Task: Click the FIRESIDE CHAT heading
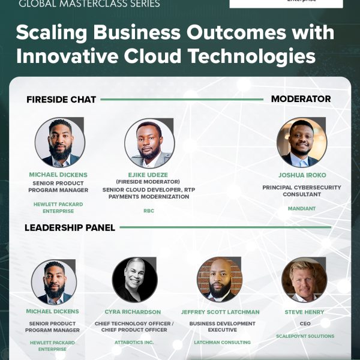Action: (x=61, y=100)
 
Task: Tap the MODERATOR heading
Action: (x=301, y=99)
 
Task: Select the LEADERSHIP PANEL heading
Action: (x=70, y=227)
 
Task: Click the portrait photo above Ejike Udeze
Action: (x=149, y=143)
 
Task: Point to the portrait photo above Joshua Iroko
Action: (x=302, y=142)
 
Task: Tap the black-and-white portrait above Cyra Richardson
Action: (x=135, y=280)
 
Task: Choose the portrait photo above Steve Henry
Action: (x=304, y=280)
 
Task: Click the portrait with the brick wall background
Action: (x=220, y=280)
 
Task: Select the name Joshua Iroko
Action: (x=302, y=175)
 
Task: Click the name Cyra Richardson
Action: (x=133, y=312)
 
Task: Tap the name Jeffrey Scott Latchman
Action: (x=220, y=312)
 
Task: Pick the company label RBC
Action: (x=149, y=211)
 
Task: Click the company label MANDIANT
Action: (x=302, y=208)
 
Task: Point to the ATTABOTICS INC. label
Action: (x=134, y=343)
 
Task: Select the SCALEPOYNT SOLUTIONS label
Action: (x=305, y=336)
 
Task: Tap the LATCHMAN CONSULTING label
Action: (x=222, y=343)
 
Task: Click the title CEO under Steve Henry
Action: (x=305, y=323)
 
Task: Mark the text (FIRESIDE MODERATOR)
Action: (x=148, y=182)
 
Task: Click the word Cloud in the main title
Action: (x=153, y=56)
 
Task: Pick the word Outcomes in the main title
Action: (x=236, y=32)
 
